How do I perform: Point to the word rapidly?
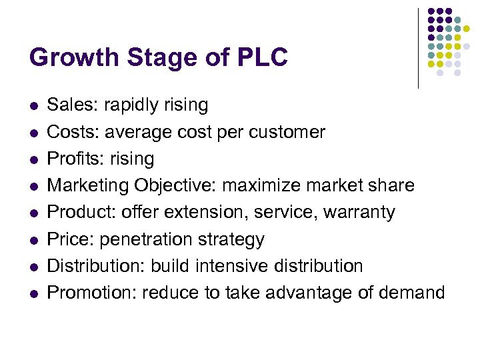pyautogui.click(x=132, y=105)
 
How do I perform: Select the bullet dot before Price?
pyautogui.click(x=33, y=239)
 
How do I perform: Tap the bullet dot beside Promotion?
pyautogui.click(x=33, y=293)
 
